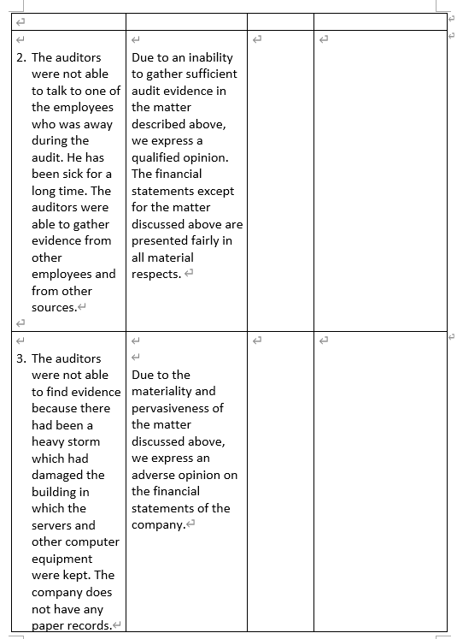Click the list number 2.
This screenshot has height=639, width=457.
(21, 57)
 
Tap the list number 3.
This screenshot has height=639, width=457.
(21, 358)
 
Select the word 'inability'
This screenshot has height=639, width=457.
(207, 57)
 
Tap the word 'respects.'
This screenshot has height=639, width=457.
(156, 274)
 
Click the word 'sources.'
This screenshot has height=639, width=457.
(54, 307)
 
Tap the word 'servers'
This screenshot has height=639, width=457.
(53, 525)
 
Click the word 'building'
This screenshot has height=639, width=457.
(56, 492)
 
